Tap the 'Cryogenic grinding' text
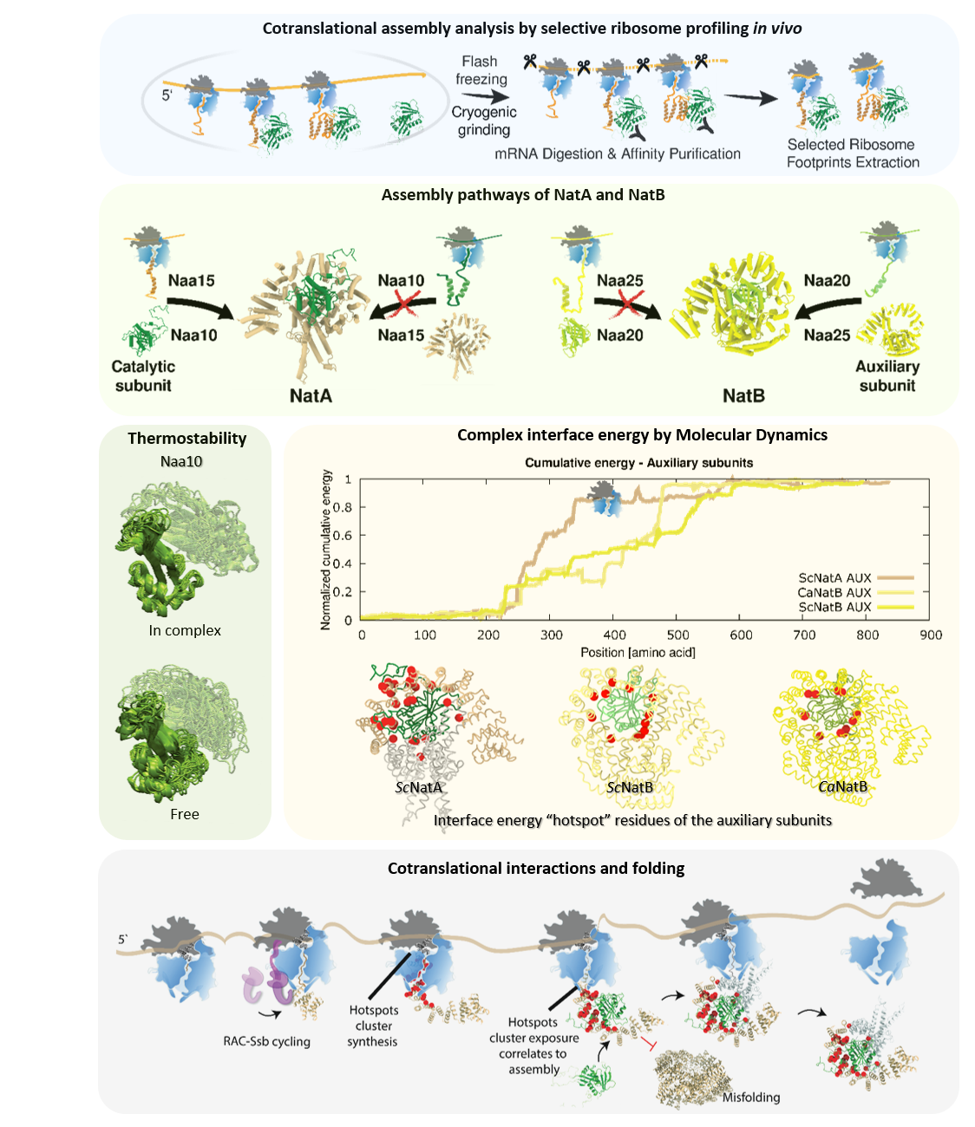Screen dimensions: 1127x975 click(484, 121)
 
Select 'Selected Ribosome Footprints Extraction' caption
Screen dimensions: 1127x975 click(853, 153)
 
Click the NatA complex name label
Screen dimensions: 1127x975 click(311, 395)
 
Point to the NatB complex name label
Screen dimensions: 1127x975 click(743, 395)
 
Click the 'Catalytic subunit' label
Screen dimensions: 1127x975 click(143, 376)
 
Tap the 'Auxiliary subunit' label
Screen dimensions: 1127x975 click(887, 376)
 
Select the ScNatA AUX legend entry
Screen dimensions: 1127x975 click(834, 577)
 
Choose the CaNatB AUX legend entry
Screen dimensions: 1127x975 click(834, 592)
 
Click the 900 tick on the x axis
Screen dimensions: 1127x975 click(931, 635)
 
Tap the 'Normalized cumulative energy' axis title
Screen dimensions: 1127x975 click(326, 550)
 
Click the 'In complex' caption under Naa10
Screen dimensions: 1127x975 click(185, 630)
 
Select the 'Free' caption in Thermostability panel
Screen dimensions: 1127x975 click(185, 814)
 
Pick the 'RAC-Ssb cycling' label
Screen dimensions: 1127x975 click(266, 1041)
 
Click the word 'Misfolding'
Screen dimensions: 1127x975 click(751, 1097)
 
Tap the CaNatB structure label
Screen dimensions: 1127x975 click(842, 786)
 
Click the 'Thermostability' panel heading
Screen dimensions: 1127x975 click(186, 438)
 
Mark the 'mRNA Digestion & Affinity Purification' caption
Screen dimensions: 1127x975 click(618, 153)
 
